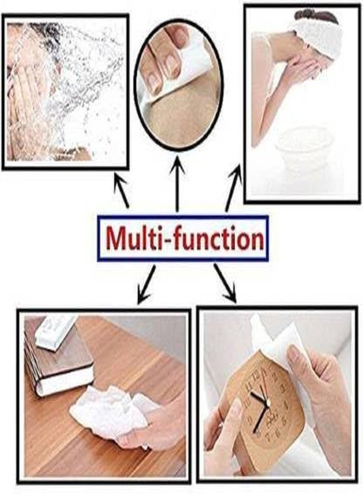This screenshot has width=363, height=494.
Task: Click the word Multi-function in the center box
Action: pos(184,238)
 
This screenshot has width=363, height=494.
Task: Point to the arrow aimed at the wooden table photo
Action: pos(147,284)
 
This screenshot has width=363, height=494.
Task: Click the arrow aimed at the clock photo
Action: pos(225,283)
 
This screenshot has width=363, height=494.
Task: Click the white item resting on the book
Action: pos(54,333)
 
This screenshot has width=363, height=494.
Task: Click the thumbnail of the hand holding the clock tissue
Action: pos(294,354)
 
